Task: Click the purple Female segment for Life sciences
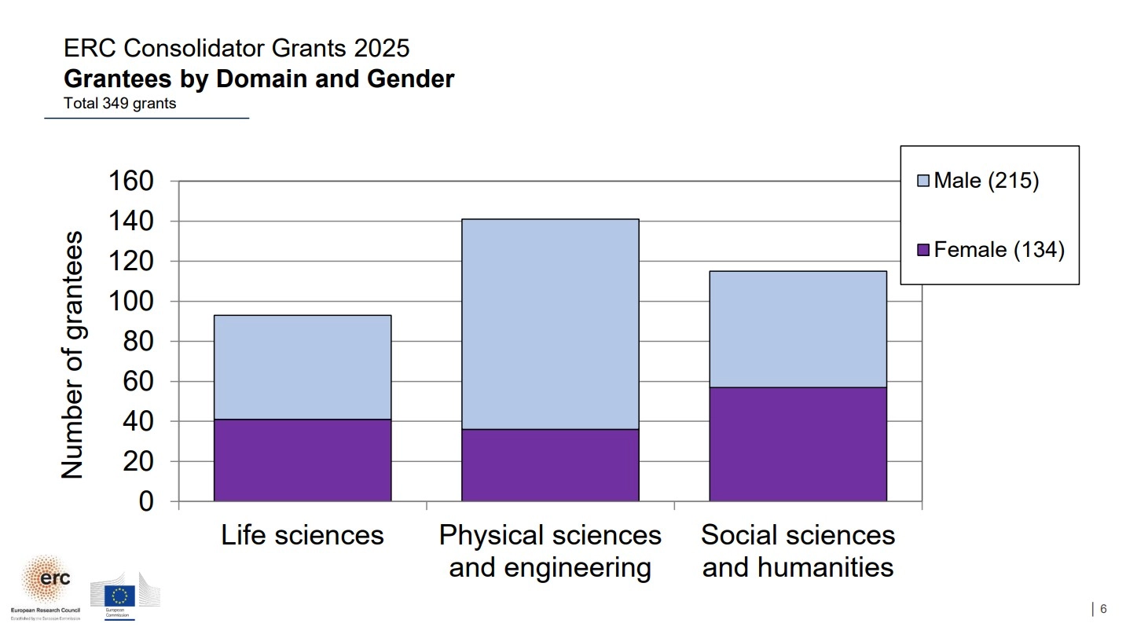coord(303,460)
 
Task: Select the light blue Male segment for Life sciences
coord(303,367)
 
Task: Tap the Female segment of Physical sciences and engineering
coord(550,465)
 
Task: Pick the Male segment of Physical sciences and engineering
coord(550,324)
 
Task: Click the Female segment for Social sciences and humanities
coord(798,444)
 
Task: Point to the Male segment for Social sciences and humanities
coord(798,329)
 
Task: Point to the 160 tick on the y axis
coord(133,181)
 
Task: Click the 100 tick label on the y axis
coord(133,302)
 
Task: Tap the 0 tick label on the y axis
coord(146,501)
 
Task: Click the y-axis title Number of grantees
coord(72,354)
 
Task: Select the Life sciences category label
coord(303,535)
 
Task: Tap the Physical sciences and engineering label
coord(550,551)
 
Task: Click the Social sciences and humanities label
coord(798,551)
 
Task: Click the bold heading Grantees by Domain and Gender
coord(259,79)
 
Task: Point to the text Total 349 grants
coord(119,103)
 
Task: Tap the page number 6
coord(1103,609)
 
